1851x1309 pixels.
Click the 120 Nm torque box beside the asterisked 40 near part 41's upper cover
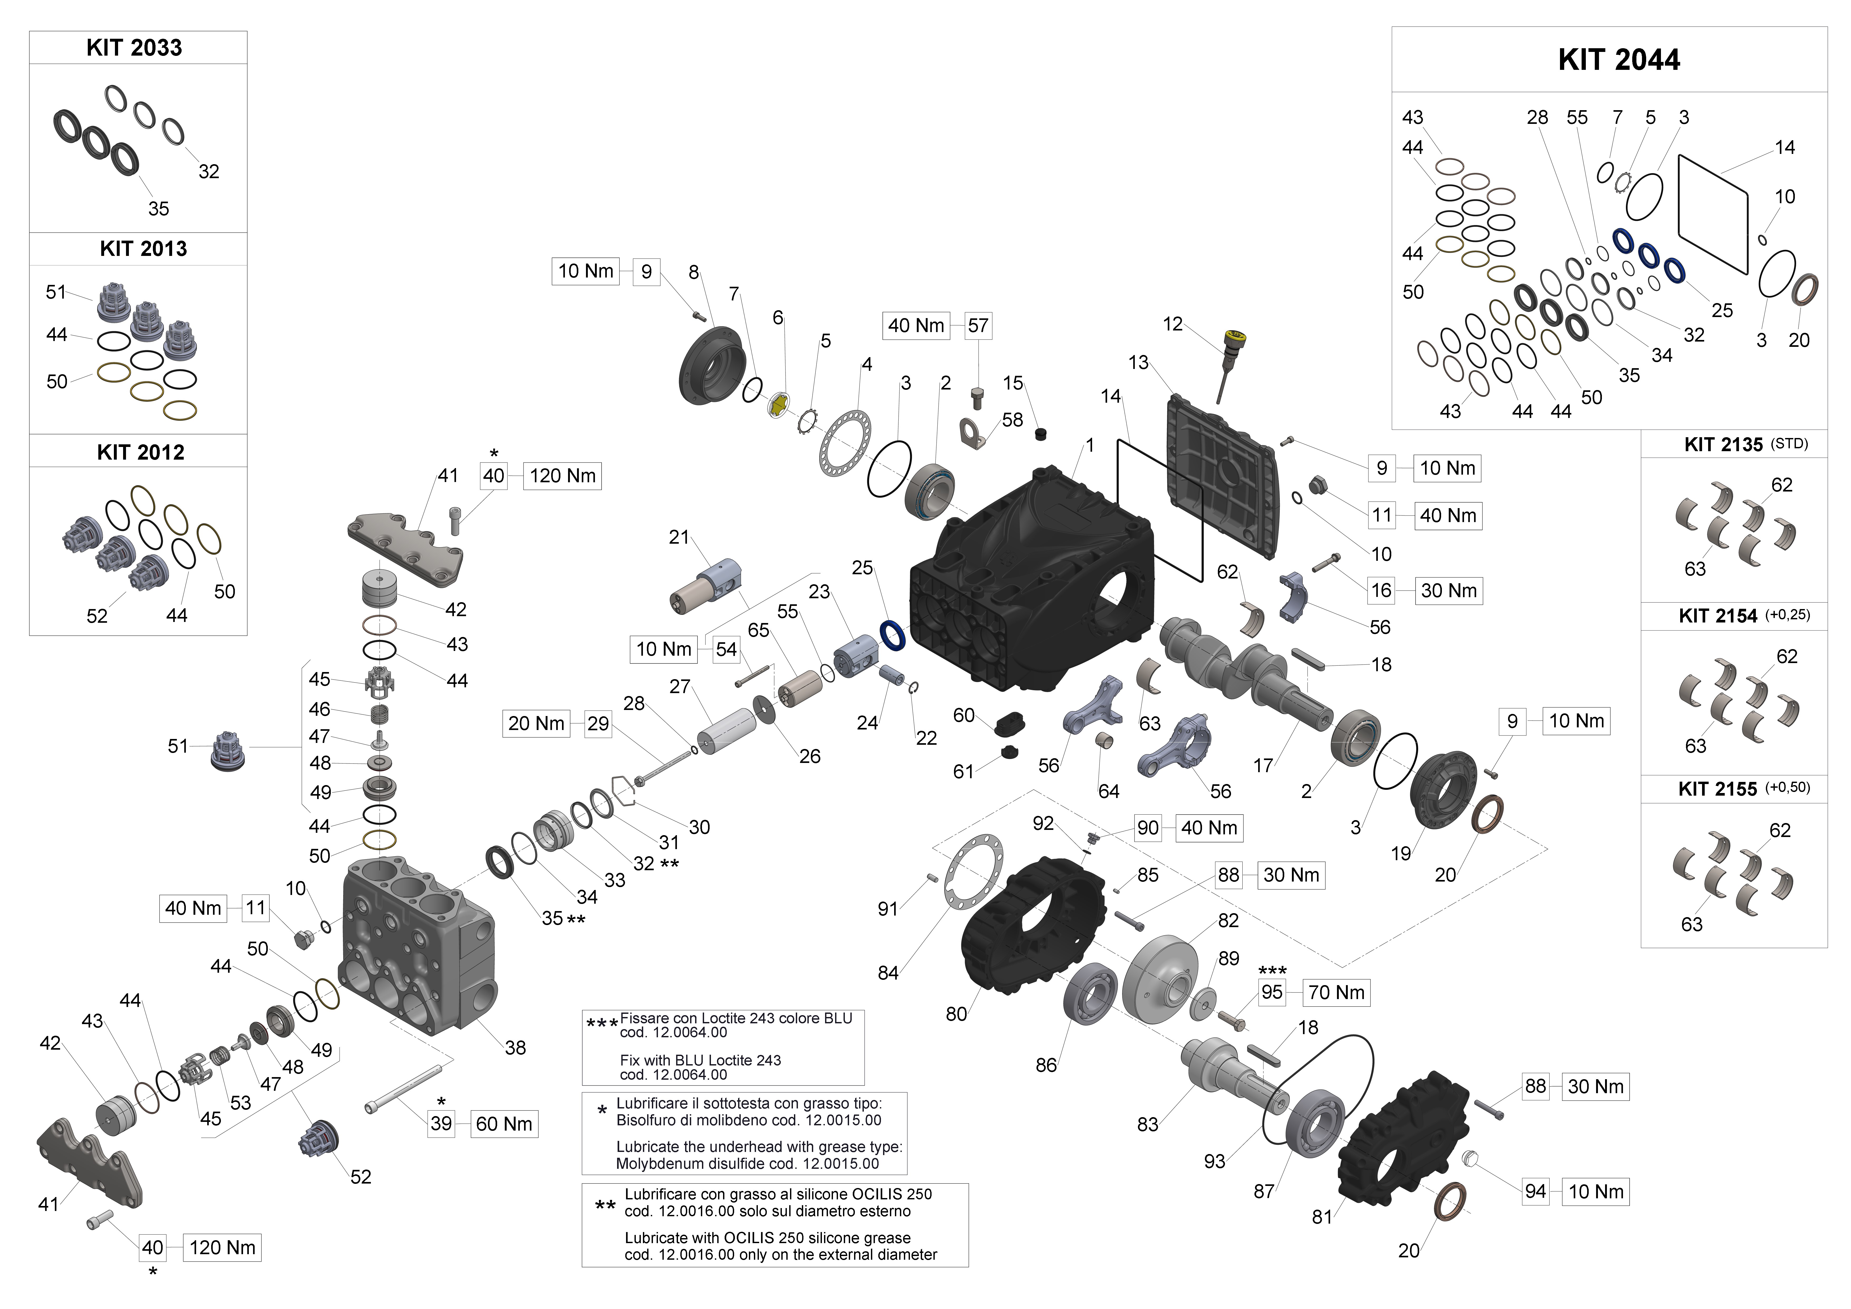[x=563, y=476]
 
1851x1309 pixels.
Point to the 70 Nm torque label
[x=1336, y=992]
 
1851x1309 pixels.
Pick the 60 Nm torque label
[x=504, y=1124]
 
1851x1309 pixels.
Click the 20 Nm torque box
[x=536, y=723]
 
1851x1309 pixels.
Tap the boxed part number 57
[x=978, y=326]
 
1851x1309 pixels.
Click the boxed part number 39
[x=441, y=1124]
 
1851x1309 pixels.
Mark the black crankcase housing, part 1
[x=1032, y=580]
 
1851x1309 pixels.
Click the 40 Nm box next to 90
[x=1208, y=828]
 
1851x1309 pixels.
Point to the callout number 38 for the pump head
[x=515, y=1048]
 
